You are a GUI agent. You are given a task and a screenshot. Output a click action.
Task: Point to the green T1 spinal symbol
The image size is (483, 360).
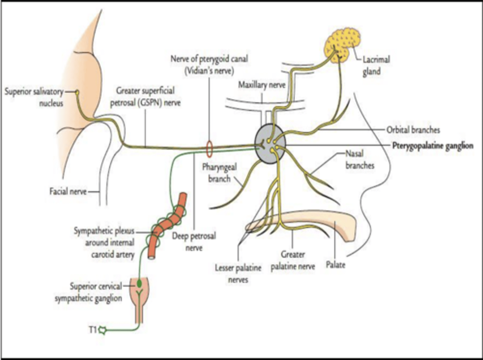click(x=103, y=330)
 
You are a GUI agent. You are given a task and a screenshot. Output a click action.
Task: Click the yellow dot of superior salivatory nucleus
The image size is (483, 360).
click(x=77, y=92)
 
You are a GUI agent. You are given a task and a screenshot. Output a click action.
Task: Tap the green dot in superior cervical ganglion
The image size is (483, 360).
click(x=139, y=284)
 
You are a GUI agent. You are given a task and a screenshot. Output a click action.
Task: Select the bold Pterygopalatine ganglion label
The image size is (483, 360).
click(x=433, y=146)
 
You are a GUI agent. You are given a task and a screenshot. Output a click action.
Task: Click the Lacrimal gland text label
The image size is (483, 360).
click(x=376, y=65)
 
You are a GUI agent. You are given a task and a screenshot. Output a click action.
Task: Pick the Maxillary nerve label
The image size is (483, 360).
click(x=262, y=85)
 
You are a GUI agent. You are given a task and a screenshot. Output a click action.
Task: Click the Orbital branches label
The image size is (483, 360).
click(x=413, y=130)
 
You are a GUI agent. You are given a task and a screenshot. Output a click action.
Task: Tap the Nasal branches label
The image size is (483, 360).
click(x=360, y=160)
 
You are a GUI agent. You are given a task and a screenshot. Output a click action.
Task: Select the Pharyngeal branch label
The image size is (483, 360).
click(x=219, y=173)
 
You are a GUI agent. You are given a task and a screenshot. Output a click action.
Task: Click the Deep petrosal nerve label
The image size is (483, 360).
click(x=194, y=242)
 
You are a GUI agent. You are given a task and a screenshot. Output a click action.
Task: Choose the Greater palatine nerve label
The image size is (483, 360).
click(x=293, y=260)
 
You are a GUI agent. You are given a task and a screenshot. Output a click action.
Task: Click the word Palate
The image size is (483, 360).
click(x=335, y=265)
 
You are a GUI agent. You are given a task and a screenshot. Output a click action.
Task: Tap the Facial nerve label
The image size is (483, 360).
click(x=68, y=192)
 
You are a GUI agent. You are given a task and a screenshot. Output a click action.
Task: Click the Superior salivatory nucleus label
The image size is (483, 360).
click(x=35, y=97)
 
